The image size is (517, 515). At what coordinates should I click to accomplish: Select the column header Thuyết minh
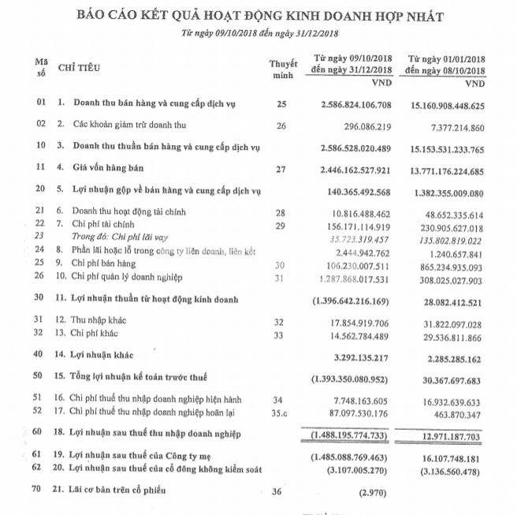coord(282,68)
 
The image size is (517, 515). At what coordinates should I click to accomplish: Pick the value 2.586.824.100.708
coord(356,103)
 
